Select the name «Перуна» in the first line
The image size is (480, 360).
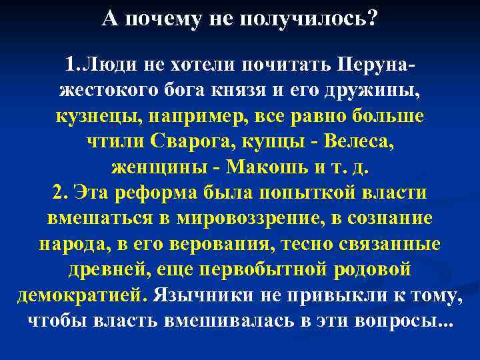pyautogui.click(x=374, y=67)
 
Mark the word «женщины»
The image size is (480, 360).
pyautogui.click(x=152, y=166)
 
